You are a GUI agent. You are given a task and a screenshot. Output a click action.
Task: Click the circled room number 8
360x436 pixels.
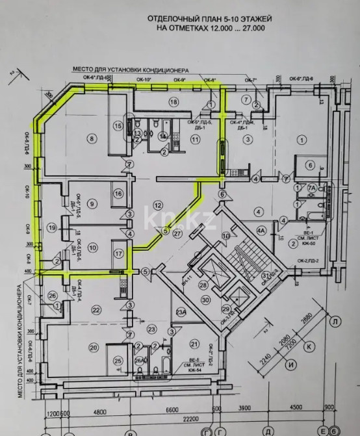[x=92, y=138]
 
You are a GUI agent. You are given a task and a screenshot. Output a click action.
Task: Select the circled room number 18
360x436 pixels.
[x=173, y=102]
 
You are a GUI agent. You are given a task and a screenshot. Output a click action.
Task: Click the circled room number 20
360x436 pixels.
[x=94, y=348]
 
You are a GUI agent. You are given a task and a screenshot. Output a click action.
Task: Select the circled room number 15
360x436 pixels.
[x=118, y=125]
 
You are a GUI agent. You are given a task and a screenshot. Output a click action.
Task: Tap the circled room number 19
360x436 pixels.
[x=51, y=227]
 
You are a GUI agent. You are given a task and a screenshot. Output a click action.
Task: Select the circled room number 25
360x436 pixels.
[x=118, y=361]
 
